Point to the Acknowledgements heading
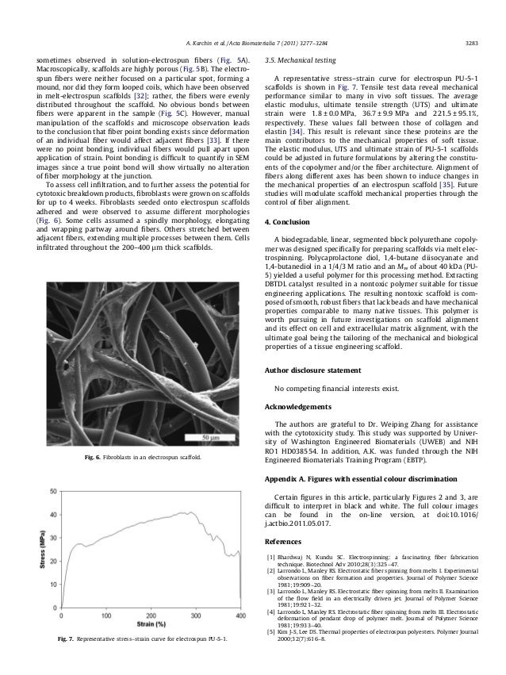click(x=297, y=406)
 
